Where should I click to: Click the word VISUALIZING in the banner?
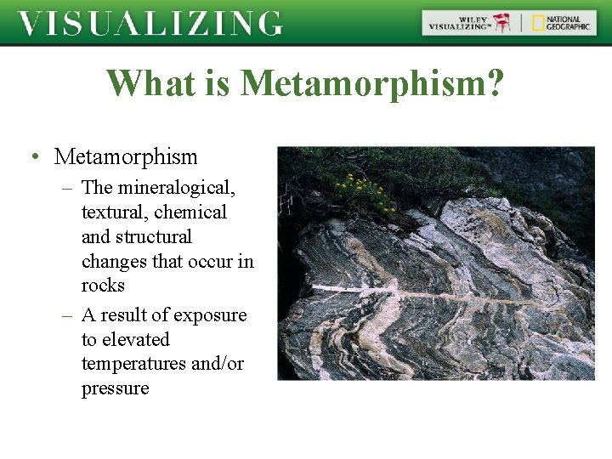(x=150, y=24)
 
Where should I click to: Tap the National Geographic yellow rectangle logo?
(x=538, y=23)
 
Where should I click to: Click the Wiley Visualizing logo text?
(x=460, y=23)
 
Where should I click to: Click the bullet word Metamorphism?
(x=126, y=157)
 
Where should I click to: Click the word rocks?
(x=103, y=286)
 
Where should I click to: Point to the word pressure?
(x=115, y=388)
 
